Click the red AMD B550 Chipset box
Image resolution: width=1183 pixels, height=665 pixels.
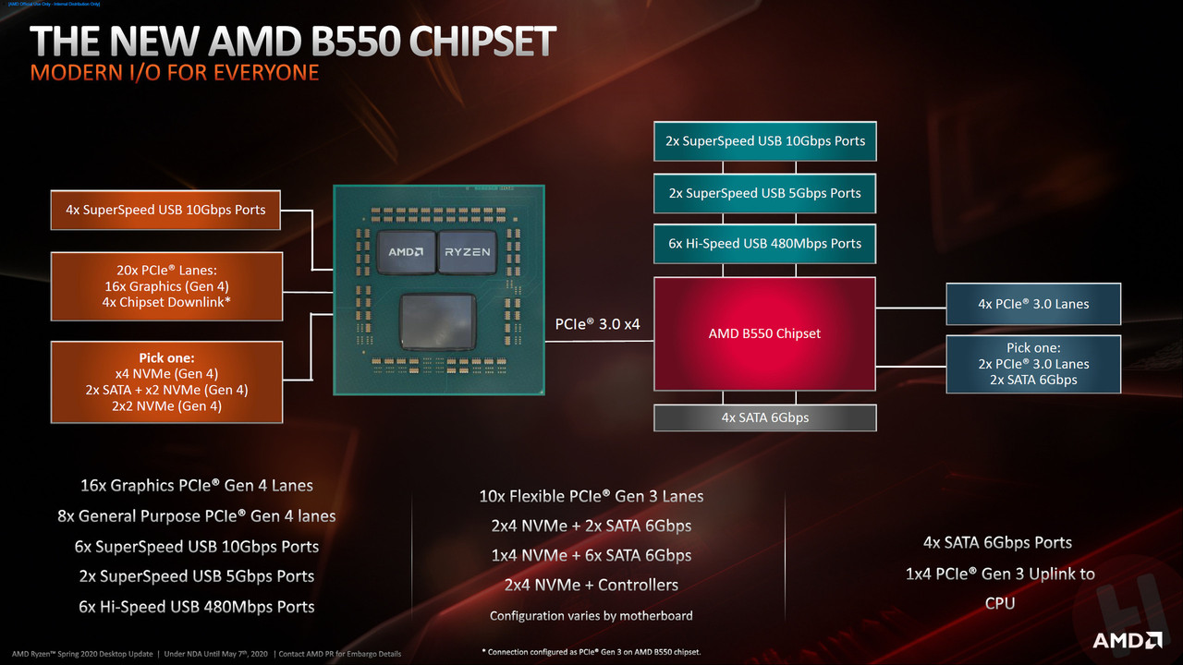pyautogui.click(x=764, y=333)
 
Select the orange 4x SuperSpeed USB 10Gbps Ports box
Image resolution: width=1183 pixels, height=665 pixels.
pyautogui.click(x=165, y=210)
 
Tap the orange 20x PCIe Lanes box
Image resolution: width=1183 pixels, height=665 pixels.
pyautogui.click(x=166, y=286)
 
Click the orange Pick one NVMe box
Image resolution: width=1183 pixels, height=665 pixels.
pyautogui.click(x=166, y=381)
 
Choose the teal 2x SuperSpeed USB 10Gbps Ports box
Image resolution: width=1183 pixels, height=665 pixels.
pyautogui.click(x=764, y=141)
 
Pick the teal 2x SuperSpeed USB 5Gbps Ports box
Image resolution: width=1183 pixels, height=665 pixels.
pyautogui.click(x=764, y=193)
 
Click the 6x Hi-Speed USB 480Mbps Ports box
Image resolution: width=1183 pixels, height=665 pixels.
pyautogui.click(x=764, y=244)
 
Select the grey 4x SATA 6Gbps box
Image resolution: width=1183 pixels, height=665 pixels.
pyautogui.click(x=764, y=417)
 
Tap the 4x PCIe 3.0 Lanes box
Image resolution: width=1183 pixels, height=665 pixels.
pyautogui.click(x=1033, y=304)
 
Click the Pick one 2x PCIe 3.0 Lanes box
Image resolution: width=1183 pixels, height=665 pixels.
pyautogui.click(x=1033, y=364)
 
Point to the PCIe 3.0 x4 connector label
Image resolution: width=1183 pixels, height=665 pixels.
pyautogui.click(x=598, y=325)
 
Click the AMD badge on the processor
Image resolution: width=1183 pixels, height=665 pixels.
pyautogui.click(x=406, y=251)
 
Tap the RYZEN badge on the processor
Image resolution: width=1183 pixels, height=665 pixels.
pyautogui.click(x=468, y=251)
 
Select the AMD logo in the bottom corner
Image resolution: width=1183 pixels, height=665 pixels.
pyautogui.click(x=1127, y=640)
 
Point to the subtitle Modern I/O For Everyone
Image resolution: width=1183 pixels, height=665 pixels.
pyautogui.click(x=175, y=72)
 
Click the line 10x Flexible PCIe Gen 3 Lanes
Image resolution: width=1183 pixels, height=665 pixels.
pyautogui.click(x=591, y=496)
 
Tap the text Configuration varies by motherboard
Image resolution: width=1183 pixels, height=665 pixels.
pyautogui.click(x=591, y=615)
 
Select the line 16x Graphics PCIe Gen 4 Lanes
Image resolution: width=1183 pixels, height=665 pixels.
pyautogui.click(x=197, y=485)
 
